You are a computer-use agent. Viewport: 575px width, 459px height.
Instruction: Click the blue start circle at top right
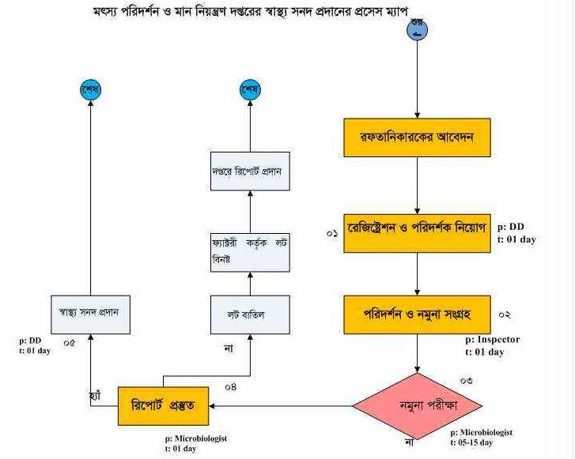(x=418, y=30)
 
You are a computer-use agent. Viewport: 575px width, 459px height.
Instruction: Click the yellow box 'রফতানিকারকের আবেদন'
(x=418, y=139)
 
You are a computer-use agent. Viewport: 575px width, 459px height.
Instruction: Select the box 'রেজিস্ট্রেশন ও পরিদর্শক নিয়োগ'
(x=418, y=233)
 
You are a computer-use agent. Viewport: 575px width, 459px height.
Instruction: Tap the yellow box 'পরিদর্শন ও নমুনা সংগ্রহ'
(x=418, y=315)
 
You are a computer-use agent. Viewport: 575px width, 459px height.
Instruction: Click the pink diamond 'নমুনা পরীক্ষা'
(x=418, y=407)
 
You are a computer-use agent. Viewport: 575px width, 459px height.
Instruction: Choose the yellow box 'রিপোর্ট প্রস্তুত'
(x=165, y=406)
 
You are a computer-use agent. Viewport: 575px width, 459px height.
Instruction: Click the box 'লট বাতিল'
(x=250, y=315)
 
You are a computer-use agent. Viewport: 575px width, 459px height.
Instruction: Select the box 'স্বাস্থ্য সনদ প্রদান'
(x=89, y=315)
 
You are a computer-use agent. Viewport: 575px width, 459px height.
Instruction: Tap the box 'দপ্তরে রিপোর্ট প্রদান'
(x=250, y=171)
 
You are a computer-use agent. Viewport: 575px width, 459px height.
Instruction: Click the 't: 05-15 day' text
(x=482, y=443)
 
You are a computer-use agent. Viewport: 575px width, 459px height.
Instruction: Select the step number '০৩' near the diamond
(x=466, y=381)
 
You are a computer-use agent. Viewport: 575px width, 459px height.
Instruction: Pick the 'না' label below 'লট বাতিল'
(x=228, y=348)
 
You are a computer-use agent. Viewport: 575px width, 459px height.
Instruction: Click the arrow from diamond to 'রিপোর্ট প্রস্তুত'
(x=285, y=407)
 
